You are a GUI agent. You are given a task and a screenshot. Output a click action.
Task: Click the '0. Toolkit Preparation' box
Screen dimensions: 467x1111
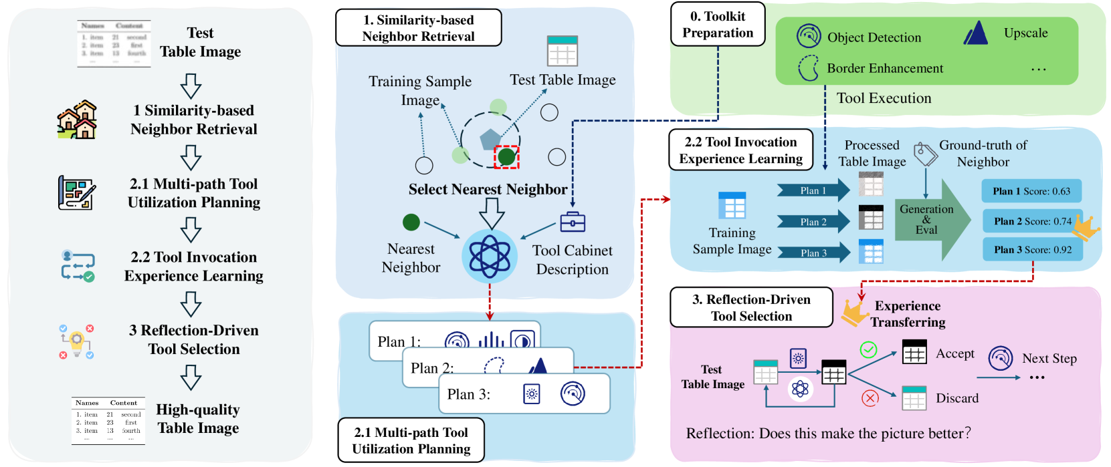pyautogui.click(x=718, y=25)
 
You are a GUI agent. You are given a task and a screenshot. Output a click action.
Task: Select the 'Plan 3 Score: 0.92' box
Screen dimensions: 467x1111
pyautogui.click(x=1032, y=250)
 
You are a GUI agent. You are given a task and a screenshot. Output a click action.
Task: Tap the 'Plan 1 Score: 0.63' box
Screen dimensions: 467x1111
pyautogui.click(x=1031, y=191)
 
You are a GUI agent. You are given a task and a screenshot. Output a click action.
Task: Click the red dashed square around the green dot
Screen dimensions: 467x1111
pyautogui.click(x=506, y=157)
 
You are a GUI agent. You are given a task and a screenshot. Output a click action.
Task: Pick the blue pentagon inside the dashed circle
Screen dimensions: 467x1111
pyautogui.click(x=490, y=140)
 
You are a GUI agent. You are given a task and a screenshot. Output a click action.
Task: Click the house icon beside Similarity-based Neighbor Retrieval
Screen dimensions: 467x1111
pyautogui.click(x=77, y=120)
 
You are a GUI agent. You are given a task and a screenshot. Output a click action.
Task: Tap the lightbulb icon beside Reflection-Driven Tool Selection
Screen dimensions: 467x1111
pyautogui.click(x=76, y=341)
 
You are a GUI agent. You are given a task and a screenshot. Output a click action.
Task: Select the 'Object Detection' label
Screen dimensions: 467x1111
pyautogui.click(x=874, y=37)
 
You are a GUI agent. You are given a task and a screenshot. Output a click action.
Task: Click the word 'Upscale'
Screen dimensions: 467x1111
pyautogui.click(x=1025, y=33)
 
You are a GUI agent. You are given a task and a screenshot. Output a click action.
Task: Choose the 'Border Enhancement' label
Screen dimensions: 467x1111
pyautogui.click(x=884, y=68)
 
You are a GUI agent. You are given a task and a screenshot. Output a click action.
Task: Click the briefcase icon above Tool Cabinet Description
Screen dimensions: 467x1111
pyautogui.click(x=573, y=222)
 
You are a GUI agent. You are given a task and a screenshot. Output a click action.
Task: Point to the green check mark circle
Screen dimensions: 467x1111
pyautogui.click(x=868, y=349)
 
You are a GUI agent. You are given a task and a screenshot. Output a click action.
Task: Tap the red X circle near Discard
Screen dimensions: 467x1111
pyautogui.click(x=870, y=398)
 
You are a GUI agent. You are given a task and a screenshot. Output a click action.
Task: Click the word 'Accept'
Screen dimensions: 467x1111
pyautogui.click(x=954, y=353)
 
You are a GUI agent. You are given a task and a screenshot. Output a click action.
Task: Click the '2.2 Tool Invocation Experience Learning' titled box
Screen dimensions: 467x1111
pyautogui.click(x=740, y=150)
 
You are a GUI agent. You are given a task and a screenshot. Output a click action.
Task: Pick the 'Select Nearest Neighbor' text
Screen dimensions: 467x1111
pyautogui.click(x=488, y=189)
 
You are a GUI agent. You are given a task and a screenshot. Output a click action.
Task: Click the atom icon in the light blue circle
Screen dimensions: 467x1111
pyautogui.click(x=490, y=256)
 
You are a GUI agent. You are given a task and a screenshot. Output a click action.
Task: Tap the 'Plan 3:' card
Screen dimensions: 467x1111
pyautogui.click(x=524, y=394)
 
